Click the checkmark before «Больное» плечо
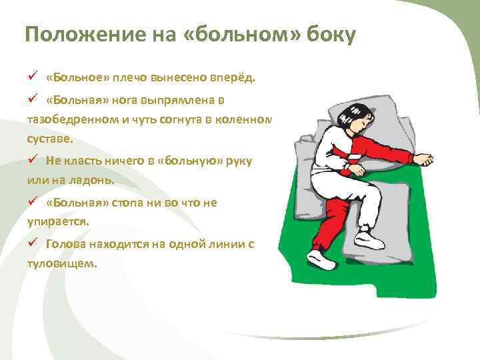tap(31, 76)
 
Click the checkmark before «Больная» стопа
tap(31, 202)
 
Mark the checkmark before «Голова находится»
tap(31, 243)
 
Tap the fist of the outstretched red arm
tap(423, 160)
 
